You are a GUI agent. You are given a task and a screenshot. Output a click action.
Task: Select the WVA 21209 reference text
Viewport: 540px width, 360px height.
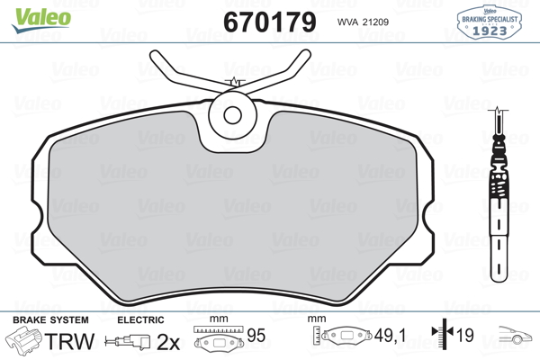364,21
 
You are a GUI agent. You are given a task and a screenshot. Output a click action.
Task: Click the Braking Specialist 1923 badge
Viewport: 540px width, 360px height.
491,22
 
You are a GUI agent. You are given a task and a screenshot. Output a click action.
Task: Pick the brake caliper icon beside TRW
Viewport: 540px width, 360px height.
25,342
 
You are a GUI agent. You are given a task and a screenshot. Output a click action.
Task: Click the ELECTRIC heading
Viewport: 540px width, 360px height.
140,320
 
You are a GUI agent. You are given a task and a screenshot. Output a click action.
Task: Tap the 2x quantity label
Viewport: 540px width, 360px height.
167,342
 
